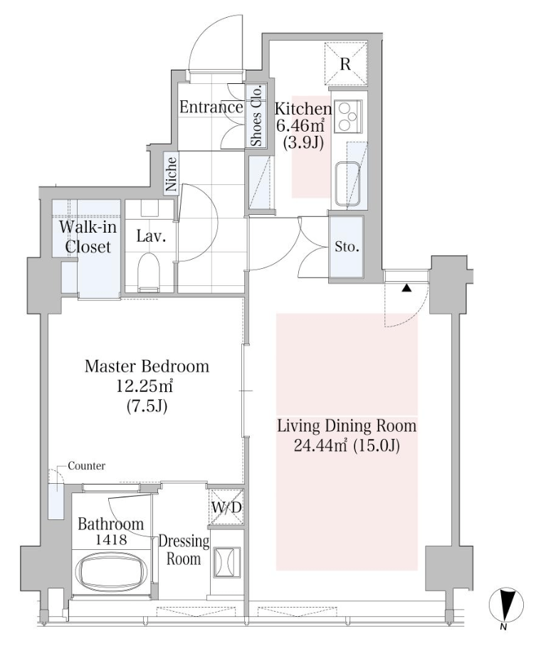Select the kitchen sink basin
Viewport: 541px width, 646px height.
click(347, 184)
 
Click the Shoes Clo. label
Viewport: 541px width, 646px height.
click(256, 115)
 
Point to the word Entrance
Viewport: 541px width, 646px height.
click(211, 107)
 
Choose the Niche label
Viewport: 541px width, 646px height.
click(171, 174)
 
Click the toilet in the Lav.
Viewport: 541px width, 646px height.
click(149, 270)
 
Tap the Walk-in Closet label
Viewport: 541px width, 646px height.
click(88, 236)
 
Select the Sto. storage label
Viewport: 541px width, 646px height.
click(347, 247)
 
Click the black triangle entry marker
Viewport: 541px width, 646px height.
click(406, 288)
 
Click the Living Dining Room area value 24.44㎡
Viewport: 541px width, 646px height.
click(320, 445)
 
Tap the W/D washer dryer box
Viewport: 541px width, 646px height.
click(226, 507)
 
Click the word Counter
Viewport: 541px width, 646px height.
click(87, 466)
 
